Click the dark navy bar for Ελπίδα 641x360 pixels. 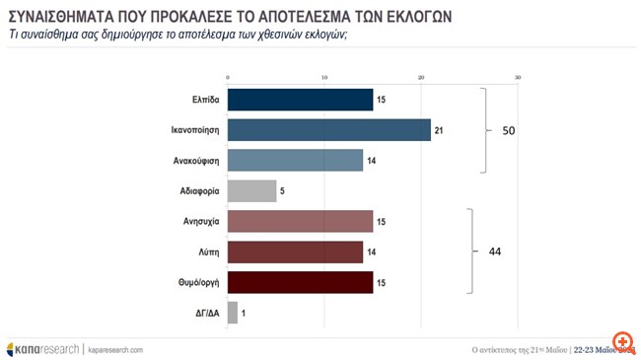[x=300, y=100]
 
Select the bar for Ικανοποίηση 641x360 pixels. [x=328, y=130]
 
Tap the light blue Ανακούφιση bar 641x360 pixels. [x=295, y=160]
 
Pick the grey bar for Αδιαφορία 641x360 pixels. [x=251, y=190]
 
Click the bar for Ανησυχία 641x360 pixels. [x=300, y=221]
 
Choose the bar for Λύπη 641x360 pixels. [x=295, y=252]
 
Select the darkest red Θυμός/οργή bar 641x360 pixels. [x=300, y=282]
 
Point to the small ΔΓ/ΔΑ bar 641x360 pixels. [x=233, y=313]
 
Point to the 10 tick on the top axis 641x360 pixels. [x=324, y=78]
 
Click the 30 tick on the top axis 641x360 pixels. [x=518, y=78]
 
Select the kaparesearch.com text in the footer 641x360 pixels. [x=115, y=349]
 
